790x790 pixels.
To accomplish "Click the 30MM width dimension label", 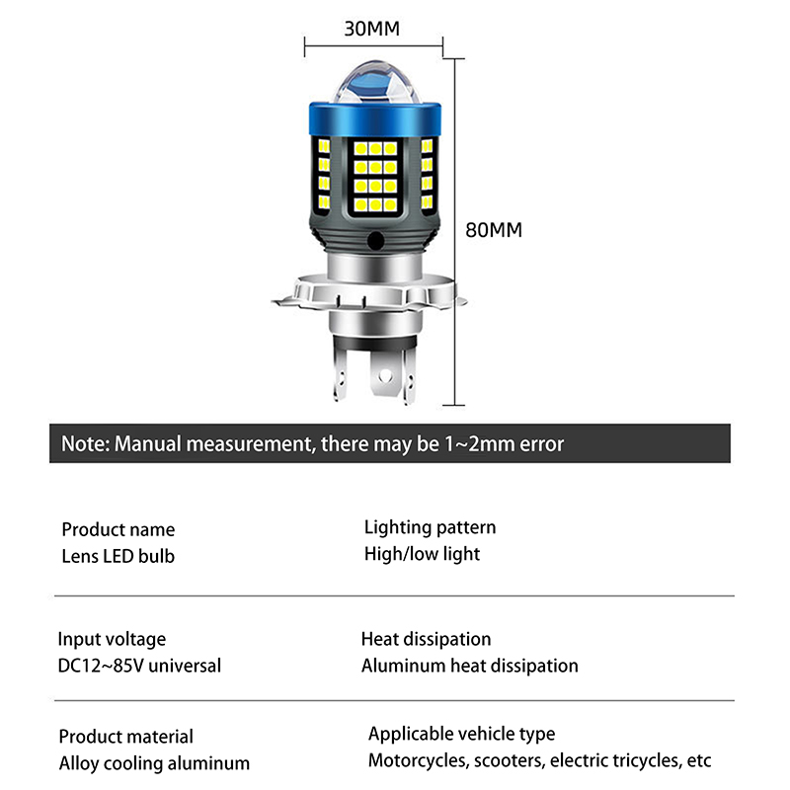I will pos(371,28).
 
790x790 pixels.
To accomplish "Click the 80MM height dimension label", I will pos(494,230).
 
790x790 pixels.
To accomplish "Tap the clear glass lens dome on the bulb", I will pos(373,85).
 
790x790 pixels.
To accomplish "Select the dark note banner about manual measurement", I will pos(390,443).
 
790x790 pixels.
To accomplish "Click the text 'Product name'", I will pos(118,530).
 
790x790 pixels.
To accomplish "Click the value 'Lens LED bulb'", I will pos(118,556).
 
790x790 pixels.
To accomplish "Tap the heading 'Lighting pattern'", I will pos(430,527).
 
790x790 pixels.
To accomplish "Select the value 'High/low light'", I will pos(422,553).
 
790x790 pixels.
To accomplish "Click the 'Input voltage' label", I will pos(112,639).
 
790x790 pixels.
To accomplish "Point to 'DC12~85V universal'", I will pos(139,665).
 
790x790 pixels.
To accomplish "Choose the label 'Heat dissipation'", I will pos(426,640).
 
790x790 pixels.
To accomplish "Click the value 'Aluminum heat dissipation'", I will pos(469,666).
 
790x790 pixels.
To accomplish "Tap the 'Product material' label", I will pos(125,737).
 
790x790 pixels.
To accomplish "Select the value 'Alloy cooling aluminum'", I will pos(154,762).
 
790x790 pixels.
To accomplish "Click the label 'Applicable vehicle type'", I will pos(461,734).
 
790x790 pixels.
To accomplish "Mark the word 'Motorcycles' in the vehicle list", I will pos(418,760).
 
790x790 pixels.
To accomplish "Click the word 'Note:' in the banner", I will pos(85,443).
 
